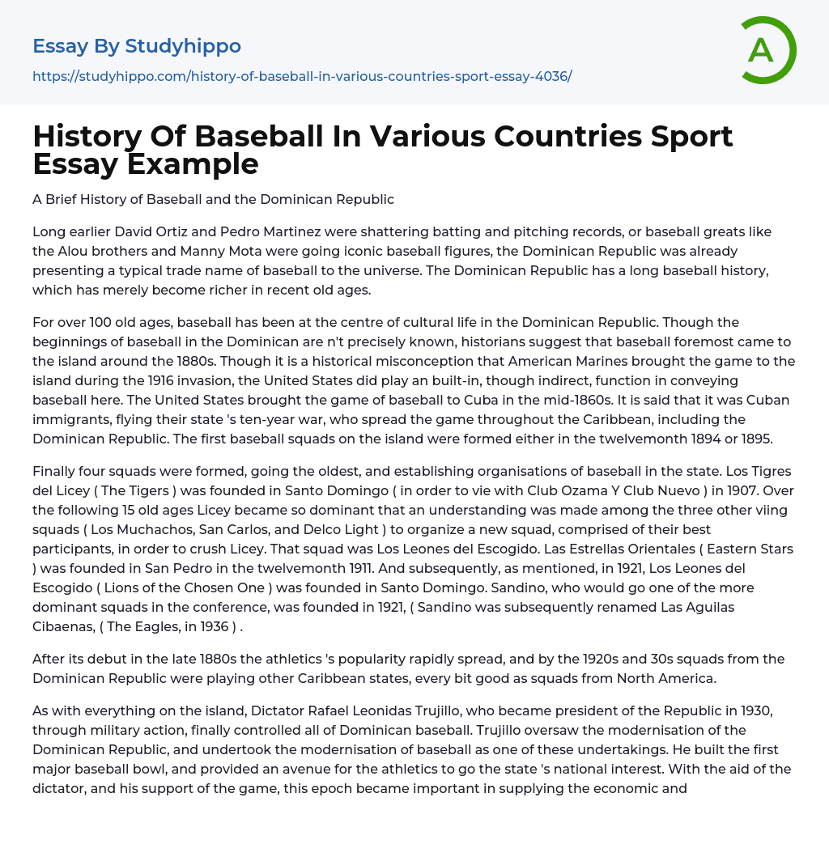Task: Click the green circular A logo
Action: pos(767,50)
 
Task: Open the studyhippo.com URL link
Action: pos(302,76)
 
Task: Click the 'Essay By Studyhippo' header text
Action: pos(137,46)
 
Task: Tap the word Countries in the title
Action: pos(538,136)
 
